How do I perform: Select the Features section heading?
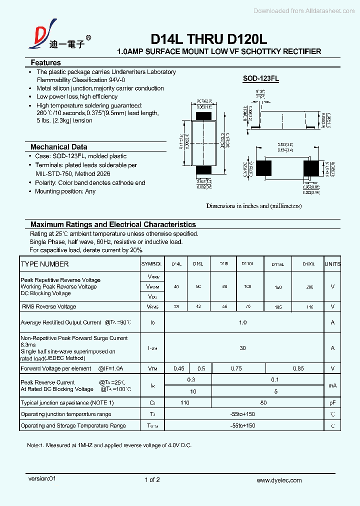point(46,63)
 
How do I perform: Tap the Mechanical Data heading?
point(59,147)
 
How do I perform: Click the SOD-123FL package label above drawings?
point(261,78)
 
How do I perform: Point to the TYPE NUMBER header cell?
point(45,264)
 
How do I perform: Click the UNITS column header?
point(332,264)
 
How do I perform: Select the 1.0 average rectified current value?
point(242,322)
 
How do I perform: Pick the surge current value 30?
point(242,348)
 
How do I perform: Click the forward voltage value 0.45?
point(178,368)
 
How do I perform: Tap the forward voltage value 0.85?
point(298,368)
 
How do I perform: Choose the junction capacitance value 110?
point(185,402)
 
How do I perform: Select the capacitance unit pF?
point(332,402)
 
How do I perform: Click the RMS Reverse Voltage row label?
point(49,306)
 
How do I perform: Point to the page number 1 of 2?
point(152,480)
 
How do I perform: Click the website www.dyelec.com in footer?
point(279,480)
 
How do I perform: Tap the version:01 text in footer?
point(43,478)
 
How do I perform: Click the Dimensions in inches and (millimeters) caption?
point(254,206)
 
